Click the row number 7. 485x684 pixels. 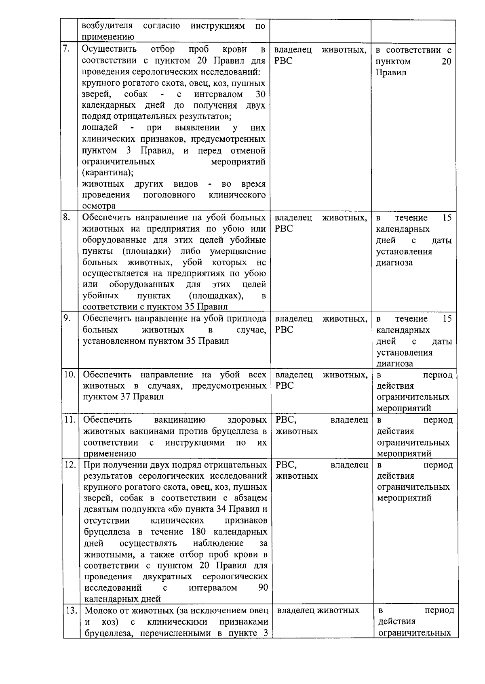pos(67,50)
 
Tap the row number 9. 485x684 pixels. pos(67,318)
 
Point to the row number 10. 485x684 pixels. pos(70,375)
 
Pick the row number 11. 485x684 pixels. pos(70,420)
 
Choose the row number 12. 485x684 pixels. pos(70,465)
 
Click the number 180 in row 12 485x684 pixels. pos(197,532)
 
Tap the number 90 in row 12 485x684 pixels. pos(263,587)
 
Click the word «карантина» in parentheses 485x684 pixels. pos(108,173)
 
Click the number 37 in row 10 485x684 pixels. pos(125,397)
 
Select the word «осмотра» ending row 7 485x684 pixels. pos(99,206)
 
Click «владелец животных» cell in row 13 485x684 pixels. pos(318,610)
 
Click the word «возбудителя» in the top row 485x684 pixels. pos(107,26)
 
